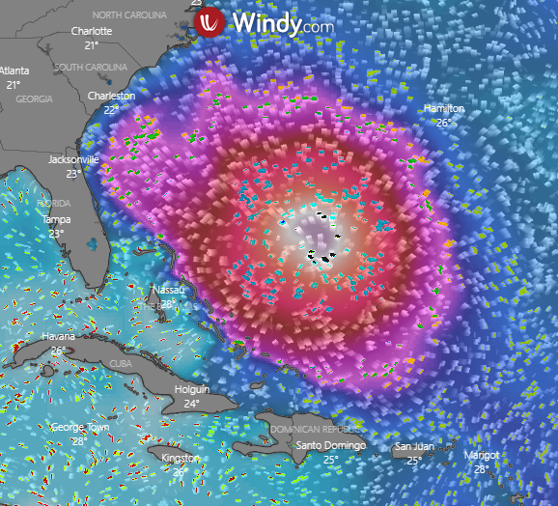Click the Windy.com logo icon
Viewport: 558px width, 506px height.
(210, 24)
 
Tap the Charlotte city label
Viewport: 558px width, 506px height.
(92, 31)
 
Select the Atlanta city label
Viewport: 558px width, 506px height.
(14, 71)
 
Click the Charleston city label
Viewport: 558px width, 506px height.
(111, 97)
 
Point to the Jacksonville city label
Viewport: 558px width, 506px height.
(74, 159)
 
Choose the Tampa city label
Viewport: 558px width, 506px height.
(56, 219)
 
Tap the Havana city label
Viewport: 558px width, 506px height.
(58, 337)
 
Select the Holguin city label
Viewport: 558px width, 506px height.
(192, 389)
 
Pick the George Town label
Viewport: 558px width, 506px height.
(80, 428)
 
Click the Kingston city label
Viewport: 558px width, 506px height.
(180, 458)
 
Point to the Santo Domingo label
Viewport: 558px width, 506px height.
(330, 445)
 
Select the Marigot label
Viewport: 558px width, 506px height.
(482, 455)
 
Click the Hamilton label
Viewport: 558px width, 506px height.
(444, 109)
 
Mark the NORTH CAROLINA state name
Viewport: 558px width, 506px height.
(135, 15)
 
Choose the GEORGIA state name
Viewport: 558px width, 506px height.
(34, 99)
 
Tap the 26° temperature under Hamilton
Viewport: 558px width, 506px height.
(444, 123)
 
